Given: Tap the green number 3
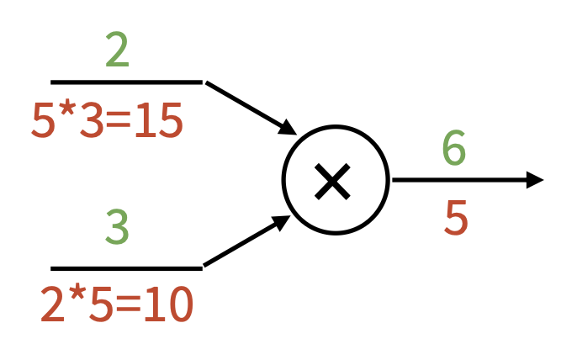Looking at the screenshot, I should point(118,226).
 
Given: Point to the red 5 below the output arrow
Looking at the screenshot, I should point(455,218).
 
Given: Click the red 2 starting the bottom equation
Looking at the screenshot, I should point(53,305).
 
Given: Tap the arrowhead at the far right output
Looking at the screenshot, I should point(535,179).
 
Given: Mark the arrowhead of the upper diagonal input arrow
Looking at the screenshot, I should point(288,128).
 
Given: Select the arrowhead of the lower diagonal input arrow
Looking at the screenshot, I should point(283,223).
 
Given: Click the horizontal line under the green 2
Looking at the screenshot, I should point(126,82).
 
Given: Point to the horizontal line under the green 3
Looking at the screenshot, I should point(126,268).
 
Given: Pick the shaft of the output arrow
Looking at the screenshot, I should point(458,179).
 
